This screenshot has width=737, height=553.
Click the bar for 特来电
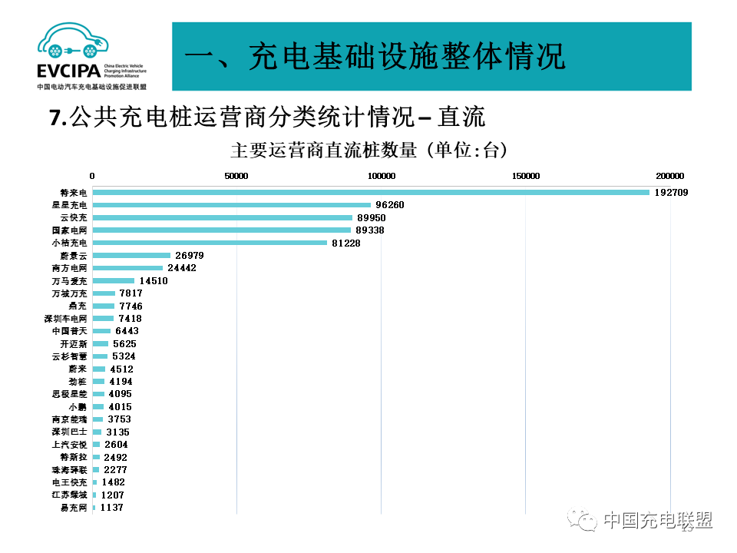coord(371,192)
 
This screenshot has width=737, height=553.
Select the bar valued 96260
coord(231,205)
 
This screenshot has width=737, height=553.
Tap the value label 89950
coord(372,217)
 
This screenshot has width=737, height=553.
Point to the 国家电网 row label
coord(69,230)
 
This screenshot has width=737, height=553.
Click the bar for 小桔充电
coord(210,243)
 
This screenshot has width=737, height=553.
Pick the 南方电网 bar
coord(127,268)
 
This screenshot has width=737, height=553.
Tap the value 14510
coord(153,280)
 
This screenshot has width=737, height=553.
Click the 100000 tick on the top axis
coord(382,176)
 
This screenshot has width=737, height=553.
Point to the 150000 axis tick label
coord(526,176)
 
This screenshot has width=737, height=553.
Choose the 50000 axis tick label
coord(236,176)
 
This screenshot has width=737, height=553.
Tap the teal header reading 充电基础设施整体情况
coord(431,57)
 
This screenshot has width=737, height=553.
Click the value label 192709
coord(671,192)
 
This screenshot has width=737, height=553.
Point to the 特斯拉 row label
coord(74,457)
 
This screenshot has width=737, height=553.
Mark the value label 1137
coord(111,508)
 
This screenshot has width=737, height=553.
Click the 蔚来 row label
coord(78,369)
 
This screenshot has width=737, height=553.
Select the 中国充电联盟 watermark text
coord(657,520)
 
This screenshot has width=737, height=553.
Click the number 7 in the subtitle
coord(54,118)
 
